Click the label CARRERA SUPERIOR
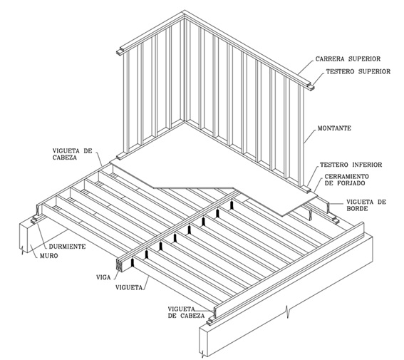click(348, 59)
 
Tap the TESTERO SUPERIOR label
click(358, 71)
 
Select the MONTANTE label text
click(334, 128)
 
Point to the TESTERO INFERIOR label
click(351, 165)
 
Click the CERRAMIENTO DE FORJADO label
click(346, 180)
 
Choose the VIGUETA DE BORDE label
click(366, 205)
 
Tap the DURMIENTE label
click(67, 247)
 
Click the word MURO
click(48, 256)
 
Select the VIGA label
click(103, 277)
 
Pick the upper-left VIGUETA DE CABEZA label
click(72, 154)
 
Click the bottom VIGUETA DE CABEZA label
click(186, 312)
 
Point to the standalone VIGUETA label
click(129, 287)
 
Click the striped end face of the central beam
click(119, 265)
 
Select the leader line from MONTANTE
click(310, 135)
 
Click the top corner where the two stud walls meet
click(185, 11)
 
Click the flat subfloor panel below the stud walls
click(206, 163)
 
